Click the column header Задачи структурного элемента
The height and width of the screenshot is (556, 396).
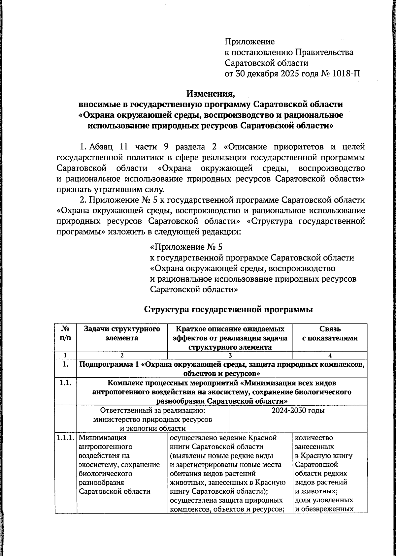(x=122, y=333)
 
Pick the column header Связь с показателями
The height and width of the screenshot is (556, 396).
(x=330, y=333)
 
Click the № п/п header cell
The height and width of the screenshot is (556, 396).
(x=65, y=333)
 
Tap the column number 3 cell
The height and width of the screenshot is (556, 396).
(x=230, y=355)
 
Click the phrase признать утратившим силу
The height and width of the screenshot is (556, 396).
(x=110, y=189)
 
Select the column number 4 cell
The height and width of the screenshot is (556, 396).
(x=330, y=355)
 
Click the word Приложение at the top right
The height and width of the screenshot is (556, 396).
(x=249, y=42)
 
